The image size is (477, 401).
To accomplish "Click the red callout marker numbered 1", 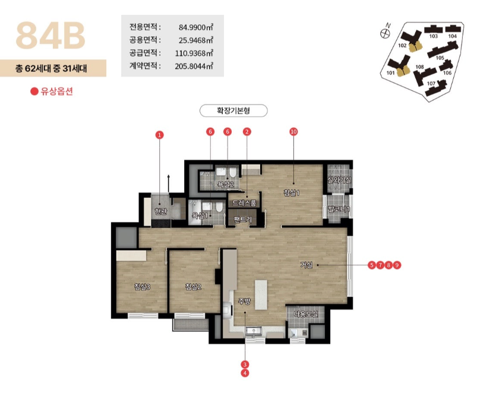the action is [159, 135].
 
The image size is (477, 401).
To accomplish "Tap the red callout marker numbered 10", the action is [293, 132].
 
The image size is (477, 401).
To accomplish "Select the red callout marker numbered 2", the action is [247, 132].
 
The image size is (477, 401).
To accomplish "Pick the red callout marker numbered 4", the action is [245, 373].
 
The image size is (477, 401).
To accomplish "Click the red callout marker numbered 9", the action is [397, 265].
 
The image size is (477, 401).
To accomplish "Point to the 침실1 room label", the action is [292, 192].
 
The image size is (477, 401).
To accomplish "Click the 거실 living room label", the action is [307, 265].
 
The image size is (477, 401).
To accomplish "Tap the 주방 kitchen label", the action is [244, 302].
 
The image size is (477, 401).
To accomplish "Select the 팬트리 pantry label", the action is [243, 219].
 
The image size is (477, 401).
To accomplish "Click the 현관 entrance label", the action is [160, 211].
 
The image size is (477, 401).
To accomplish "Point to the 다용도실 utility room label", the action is [306, 314].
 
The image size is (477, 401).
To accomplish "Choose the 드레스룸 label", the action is [244, 203].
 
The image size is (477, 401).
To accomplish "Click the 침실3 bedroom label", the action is [142, 286].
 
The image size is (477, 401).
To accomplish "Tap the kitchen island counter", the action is [261, 295].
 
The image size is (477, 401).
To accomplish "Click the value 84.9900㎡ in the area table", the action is [195, 27].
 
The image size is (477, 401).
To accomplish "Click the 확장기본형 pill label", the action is [233, 110].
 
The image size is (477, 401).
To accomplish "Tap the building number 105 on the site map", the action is [440, 58].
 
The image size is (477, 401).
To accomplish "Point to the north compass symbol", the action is [385, 33].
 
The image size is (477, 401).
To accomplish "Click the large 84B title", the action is [50, 35].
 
